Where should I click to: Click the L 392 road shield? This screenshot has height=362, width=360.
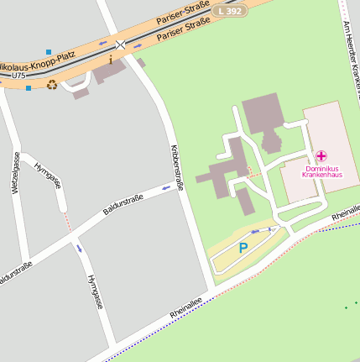pos(229,11)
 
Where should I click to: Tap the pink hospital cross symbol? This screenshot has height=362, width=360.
pos(321,156)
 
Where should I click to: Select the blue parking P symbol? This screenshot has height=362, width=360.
pos(243,248)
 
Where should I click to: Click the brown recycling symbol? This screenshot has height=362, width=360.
pos(52,84)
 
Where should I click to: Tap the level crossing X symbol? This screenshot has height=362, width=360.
pos(121,44)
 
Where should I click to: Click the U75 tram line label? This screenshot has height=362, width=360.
pos(18,76)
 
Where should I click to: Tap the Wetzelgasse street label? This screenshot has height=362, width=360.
pos(15,173)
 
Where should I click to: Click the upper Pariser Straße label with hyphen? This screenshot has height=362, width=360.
pos(182,14)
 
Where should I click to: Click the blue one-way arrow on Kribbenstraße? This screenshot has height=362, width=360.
pos(178,187)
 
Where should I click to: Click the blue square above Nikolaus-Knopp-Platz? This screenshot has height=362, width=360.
pos(49,52)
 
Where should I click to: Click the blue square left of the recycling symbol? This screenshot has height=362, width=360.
pos(29,87)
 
